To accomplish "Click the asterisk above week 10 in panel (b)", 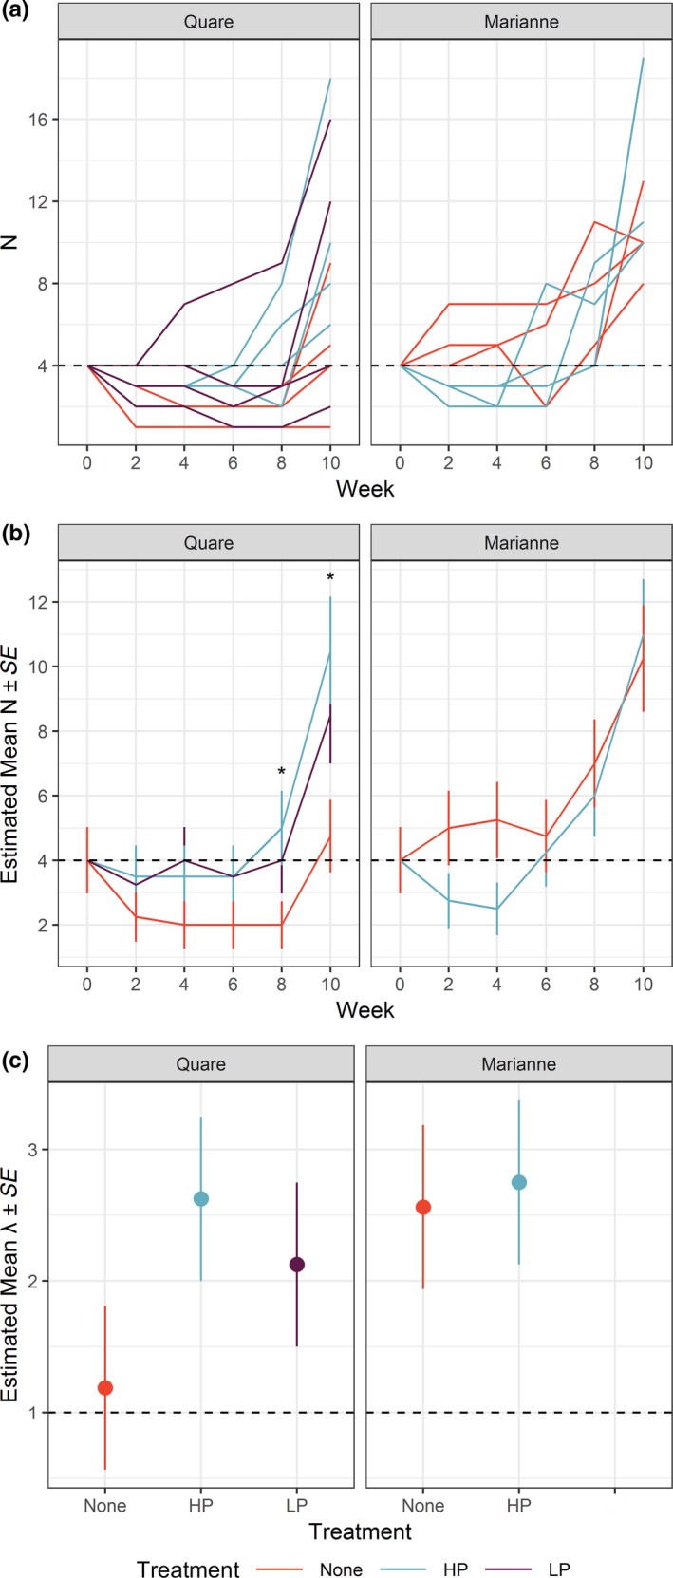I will coord(330,579).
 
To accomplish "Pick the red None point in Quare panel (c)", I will coord(105,1388).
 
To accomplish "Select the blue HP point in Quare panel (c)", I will coord(201,1199).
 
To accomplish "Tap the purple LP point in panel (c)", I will coord(297,1265).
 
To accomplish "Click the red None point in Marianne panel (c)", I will coord(423,1208).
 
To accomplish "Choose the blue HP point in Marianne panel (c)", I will coord(519,1182).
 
